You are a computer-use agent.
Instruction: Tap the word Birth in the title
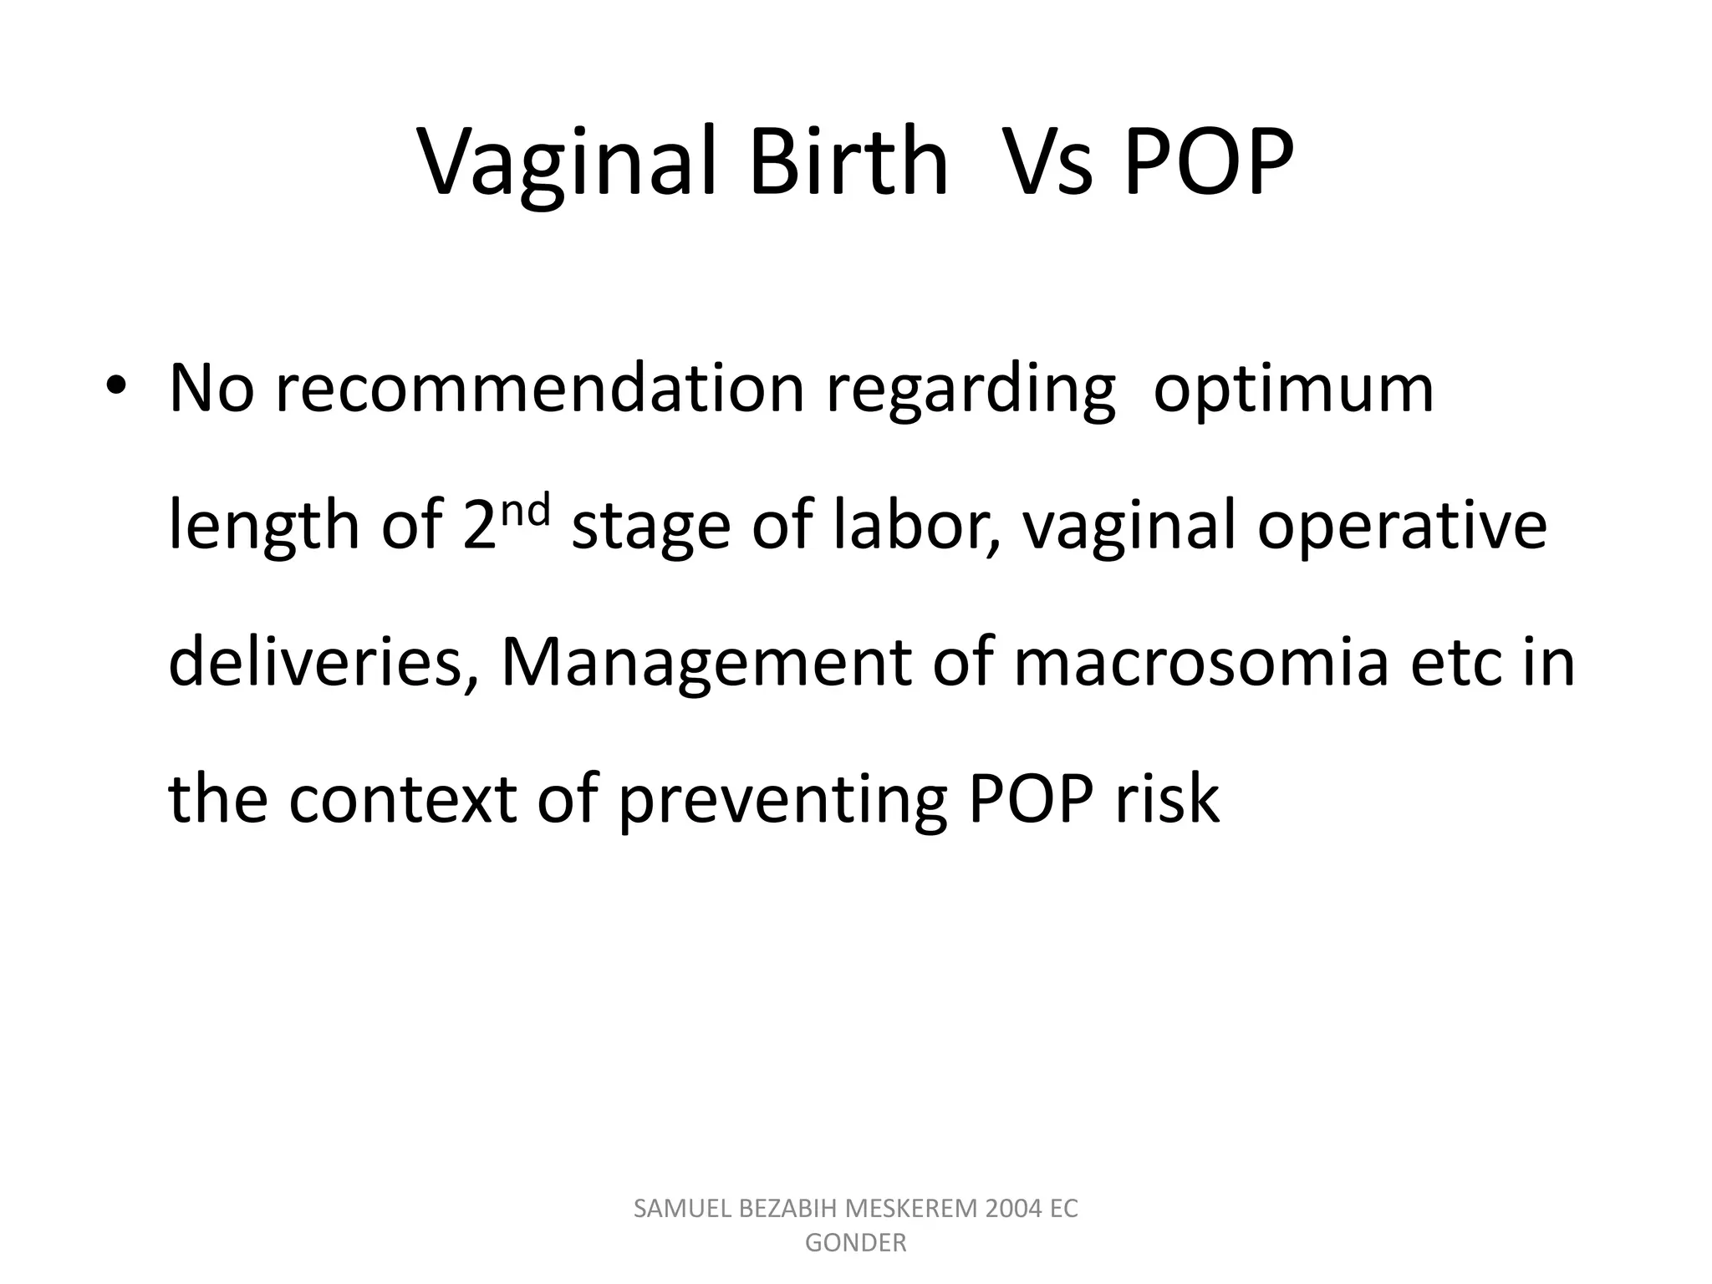[848, 163]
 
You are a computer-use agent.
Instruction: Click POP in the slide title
[1209, 163]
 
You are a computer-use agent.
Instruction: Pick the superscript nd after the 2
[528, 509]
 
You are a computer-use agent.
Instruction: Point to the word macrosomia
[1201, 662]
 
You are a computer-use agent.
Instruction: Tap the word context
[402, 799]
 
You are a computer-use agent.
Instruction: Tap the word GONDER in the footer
[855, 1243]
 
